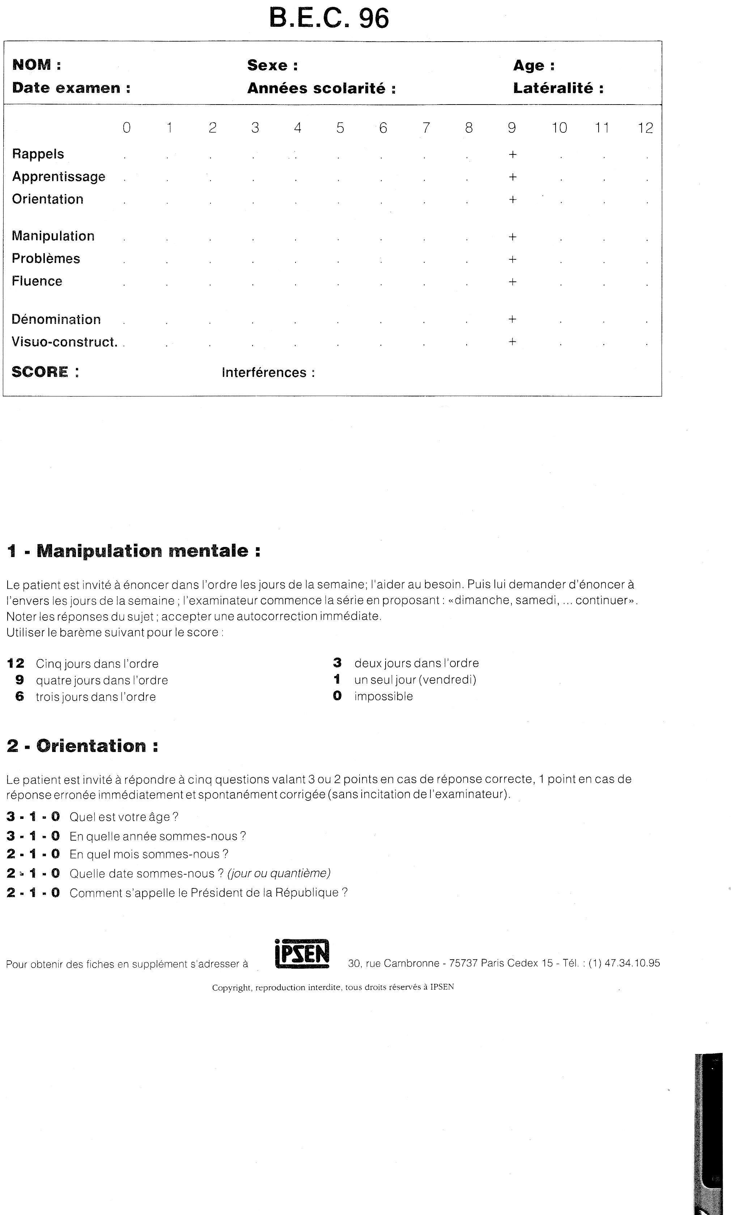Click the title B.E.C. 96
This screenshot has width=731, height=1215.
pyautogui.click(x=329, y=19)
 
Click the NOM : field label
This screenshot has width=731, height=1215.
pyautogui.click(x=37, y=64)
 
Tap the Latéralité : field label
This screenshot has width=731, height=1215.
pyautogui.click(x=558, y=88)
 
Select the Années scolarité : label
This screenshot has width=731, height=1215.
pyautogui.click(x=321, y=89)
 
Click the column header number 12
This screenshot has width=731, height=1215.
pyautogui.click(x=645, y=128)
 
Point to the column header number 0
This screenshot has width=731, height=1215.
pyautogui.click(x=127, y=128)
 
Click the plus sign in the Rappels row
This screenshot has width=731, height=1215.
pyautogui.click(x=512, y=155)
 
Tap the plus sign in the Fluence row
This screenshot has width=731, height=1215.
pyautogui.click(x=512, y=282)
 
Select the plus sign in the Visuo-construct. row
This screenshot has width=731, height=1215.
pyautogui.click(x=512, y=342)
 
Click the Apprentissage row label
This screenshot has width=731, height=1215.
pyautogui.click(x=59, y=177)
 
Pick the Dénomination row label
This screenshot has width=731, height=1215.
pyautogui.click(x=56, y=320)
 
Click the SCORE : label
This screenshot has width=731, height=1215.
pyautogui.click(x=45, y=372)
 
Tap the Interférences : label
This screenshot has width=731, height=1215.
pyautogui.click(x=268, y=373)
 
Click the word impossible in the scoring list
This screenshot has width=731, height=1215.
pyautogui.click(x=383, y=696)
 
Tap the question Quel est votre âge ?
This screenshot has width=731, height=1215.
pyautogui.click(x=124, y=817)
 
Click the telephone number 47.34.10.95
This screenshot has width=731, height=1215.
pyautogui.click(x=632, y=963)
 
